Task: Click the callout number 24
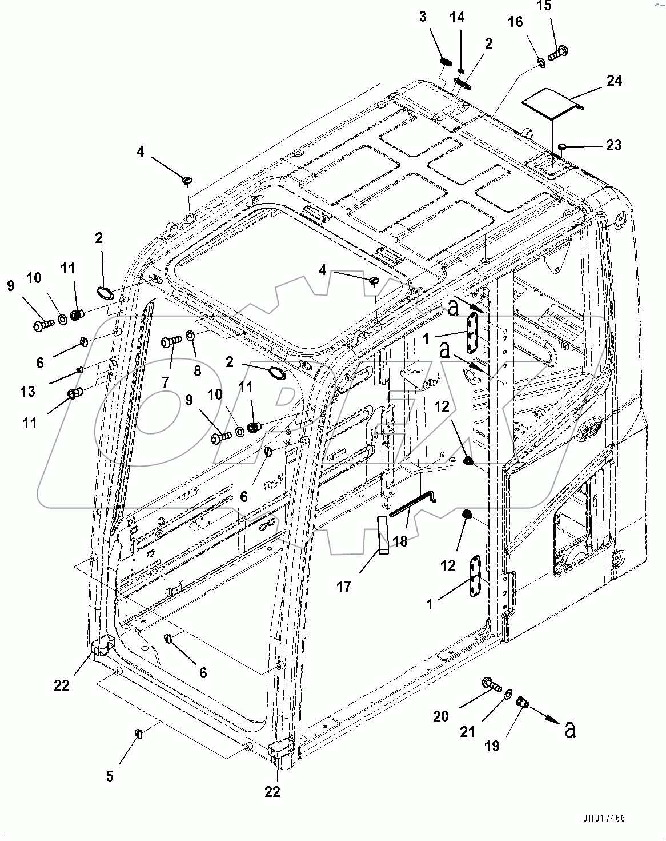pyautogui.click(x=614, y=81)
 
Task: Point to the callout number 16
pyautogui.click(x=515, y=22)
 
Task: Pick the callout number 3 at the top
pyautogui.click(x=423, y=17)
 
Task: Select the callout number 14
pyautogui.click(x=457, y=18)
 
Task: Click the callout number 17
pyautogui.click(x=343, y=586)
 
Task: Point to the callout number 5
pyautogui.click(x=110, y=776)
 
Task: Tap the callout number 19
pyautogui.click(x=492, y=746)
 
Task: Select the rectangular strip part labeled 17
pyautogui.click(x=382, y=535)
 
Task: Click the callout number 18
pyautogui.click(x=400, y=541)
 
